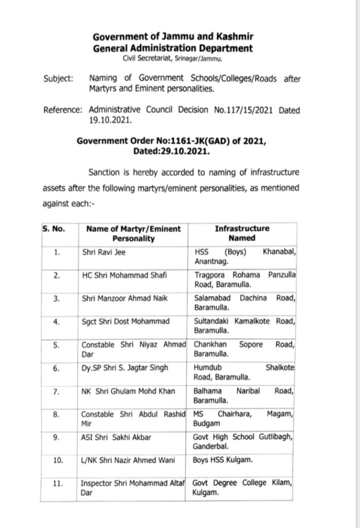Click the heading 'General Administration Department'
[173, 48]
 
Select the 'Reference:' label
[63, 110]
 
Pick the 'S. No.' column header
[53, 228]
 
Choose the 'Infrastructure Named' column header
[242, 233]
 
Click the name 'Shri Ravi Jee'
[105, 254]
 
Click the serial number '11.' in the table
[58, 484]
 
